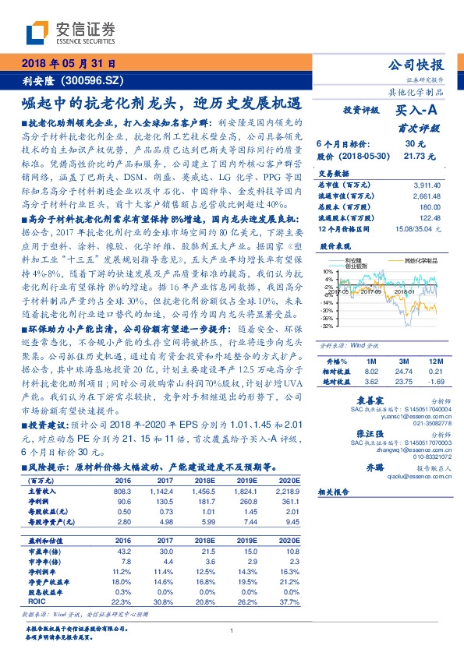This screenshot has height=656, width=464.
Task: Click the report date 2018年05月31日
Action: pos(68,63)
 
